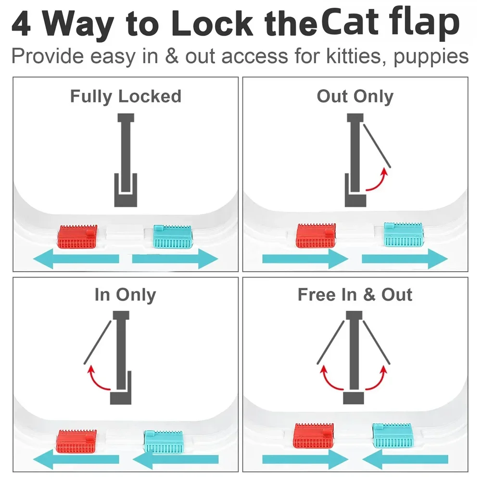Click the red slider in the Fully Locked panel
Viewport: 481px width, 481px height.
[x=77, y=236]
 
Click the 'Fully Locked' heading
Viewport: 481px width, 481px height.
[x=126, y=96]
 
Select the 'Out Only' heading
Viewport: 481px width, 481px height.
[x=355, y=96]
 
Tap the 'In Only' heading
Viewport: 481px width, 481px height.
[x=125, y=295]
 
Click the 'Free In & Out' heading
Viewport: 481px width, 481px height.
[x=355, y=295]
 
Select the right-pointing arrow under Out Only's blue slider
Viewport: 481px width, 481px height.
[x=405, y=259]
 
